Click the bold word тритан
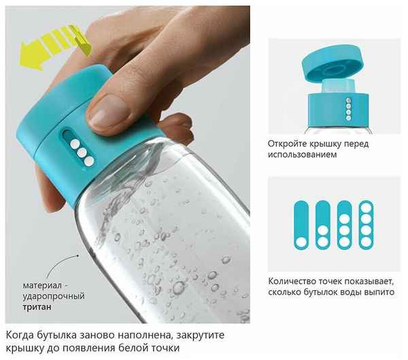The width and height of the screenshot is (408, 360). point(37,307)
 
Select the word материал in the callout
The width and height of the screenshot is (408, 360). point(42,285)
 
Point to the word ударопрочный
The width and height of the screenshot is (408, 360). point(54,296)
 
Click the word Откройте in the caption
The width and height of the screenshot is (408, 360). point(287,144)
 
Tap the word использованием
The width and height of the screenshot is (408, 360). point(303,155)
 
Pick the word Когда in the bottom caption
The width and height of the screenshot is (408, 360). point(20,335)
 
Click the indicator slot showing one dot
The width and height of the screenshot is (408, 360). point(301,225)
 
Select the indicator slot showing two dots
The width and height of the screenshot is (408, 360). point(323,225)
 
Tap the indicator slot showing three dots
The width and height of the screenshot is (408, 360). point(345,225)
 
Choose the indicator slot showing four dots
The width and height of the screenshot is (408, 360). point(366,225)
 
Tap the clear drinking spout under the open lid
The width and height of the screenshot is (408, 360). point(338,86)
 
